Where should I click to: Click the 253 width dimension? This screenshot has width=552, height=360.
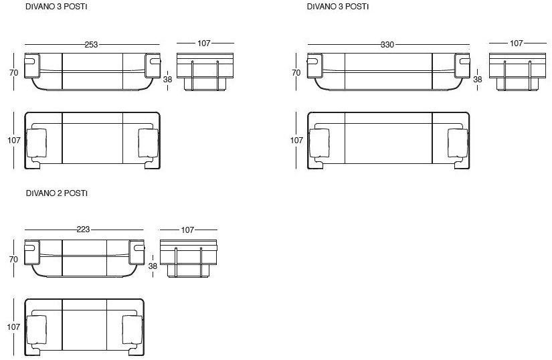tap(91, 45)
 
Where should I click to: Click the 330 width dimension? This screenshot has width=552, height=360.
tap(387, 45)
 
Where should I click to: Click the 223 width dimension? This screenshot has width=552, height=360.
tap(83, 230)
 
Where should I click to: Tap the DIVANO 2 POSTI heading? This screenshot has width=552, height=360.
tap(57, 193)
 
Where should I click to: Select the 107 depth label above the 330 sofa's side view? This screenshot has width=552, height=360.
tap(516, 43)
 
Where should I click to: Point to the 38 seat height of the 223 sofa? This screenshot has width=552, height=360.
tap(153, 266)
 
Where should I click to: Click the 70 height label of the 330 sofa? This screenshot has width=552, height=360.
tap(296, 72)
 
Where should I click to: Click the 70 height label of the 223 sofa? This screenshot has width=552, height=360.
tap(13, 260)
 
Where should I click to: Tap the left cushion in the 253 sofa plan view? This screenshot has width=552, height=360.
tap(36, 143)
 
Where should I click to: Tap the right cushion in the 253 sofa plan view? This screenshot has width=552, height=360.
tap(149, 143)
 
